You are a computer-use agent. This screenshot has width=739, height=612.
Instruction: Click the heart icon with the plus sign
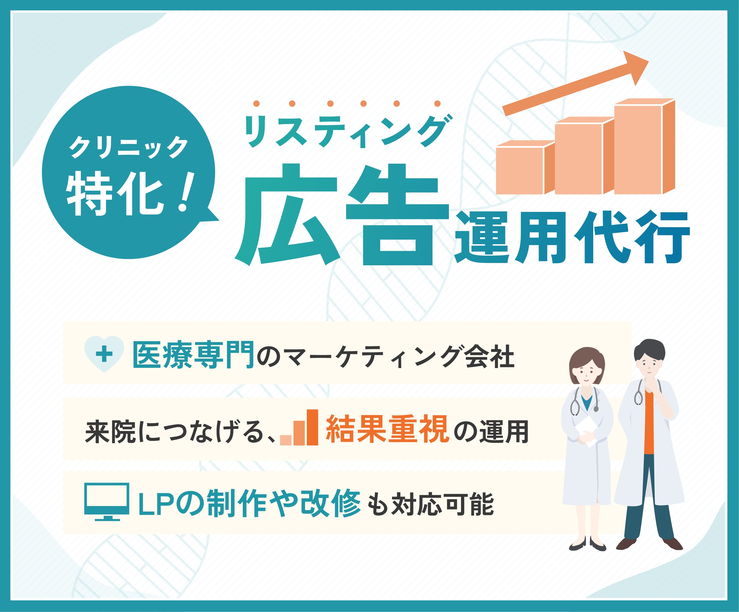(x=104, y=354)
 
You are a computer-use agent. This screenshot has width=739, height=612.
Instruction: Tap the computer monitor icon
(x=107, y=501)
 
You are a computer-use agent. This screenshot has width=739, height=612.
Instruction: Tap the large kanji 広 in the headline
(x=287, y=215)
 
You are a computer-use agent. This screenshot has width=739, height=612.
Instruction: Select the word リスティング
(x=348, y=131)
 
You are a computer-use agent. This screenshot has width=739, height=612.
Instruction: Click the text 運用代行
(x=572, y=238)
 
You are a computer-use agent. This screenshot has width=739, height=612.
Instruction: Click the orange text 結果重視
(x=387, y=429)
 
